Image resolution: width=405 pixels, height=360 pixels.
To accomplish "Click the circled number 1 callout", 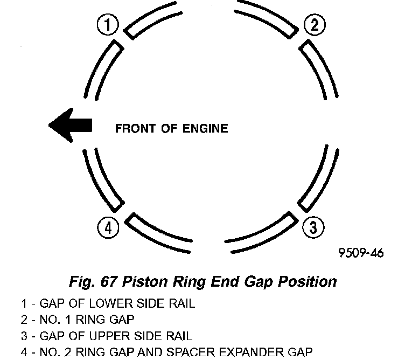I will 108,24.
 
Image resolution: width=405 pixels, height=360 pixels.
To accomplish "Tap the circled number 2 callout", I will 313,24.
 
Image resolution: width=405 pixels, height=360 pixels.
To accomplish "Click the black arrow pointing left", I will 70,126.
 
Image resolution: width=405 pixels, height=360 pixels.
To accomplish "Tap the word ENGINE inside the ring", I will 207,128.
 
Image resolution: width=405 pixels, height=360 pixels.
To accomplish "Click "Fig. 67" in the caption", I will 94,281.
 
